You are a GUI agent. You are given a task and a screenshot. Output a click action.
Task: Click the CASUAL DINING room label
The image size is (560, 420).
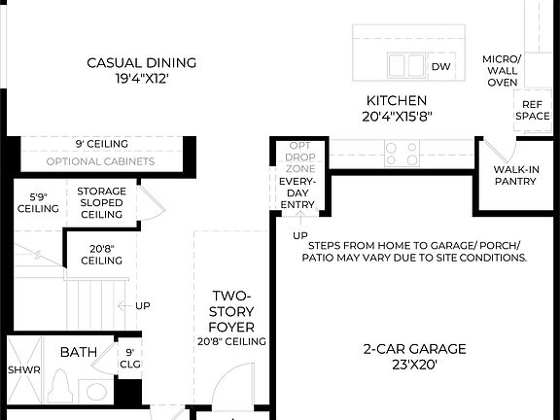click(141, 63)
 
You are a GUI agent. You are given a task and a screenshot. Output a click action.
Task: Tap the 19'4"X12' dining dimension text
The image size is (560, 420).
click(141, 79)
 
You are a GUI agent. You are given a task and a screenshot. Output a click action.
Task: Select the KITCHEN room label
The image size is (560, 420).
click(396, 100)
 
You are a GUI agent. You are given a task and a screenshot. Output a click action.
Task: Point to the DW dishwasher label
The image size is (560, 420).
click(440, 66)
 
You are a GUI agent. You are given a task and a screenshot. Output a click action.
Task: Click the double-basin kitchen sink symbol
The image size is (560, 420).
click(406, 65)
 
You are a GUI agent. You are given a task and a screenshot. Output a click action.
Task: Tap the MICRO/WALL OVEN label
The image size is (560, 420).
click(502, 71)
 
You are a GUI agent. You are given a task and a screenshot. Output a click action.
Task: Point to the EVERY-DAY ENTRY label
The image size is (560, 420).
click(297, 192)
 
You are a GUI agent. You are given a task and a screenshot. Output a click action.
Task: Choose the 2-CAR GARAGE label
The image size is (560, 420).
click(415, 349)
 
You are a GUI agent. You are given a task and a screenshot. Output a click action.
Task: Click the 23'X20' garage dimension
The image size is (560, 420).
click(415, 366)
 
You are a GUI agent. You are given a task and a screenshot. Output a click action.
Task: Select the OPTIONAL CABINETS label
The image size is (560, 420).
click(100, 161)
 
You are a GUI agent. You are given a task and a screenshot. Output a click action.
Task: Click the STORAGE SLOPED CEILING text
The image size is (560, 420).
click(101, 202)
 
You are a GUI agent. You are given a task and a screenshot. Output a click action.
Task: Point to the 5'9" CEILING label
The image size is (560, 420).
click(38, 202)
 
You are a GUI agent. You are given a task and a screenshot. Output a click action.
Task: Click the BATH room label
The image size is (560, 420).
click(78, 352)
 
